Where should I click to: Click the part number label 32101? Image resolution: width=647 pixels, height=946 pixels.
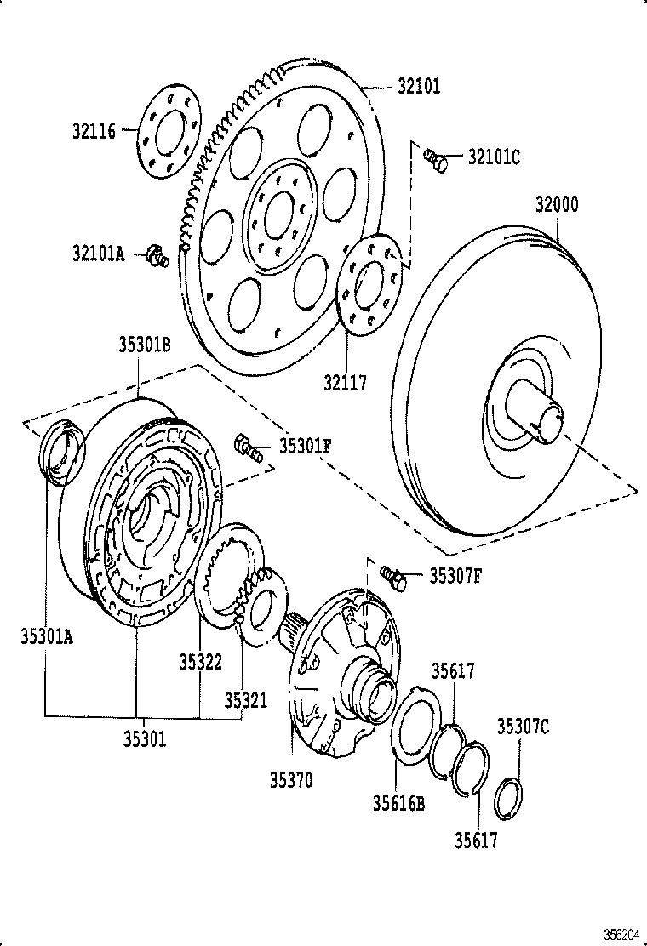(418, 86)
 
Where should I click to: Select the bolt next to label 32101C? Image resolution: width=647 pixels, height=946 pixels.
(436, 158)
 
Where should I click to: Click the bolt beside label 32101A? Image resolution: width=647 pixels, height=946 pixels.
(157, 255)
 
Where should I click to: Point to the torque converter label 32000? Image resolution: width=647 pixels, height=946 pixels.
(557, 204)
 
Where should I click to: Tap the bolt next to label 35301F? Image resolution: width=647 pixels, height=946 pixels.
(247, 447)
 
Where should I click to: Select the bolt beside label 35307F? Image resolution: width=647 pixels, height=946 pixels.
(393, 578)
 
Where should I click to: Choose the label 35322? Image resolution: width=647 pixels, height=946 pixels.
(200, 661)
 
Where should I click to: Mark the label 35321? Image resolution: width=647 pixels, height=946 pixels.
(245, 700)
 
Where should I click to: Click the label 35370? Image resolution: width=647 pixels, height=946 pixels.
(291, 779)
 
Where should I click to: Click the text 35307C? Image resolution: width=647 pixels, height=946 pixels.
(523, 726)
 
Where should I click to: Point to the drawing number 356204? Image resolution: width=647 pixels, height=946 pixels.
(621, 934)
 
